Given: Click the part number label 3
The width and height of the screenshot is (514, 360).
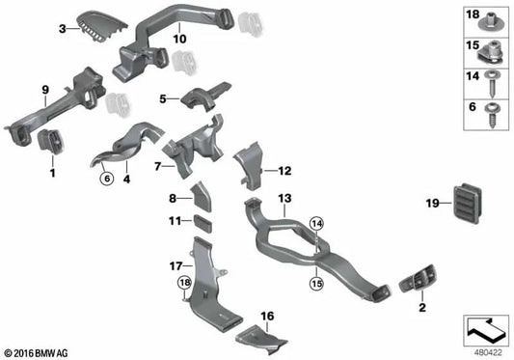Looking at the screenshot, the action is pyautogui.click(x=62, y=30).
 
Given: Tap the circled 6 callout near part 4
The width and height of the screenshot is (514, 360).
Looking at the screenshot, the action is pyautogui.click(x=107, y=178).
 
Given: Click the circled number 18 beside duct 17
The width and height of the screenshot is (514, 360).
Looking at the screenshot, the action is pyautogui.click(x=183, y=282).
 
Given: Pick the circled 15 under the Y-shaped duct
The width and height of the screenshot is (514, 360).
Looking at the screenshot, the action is pyautogui.click(x=313, y=284).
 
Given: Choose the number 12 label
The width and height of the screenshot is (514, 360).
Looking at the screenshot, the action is pyautogui.click(x=284, y=171).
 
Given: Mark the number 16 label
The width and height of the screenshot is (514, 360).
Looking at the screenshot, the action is pyautogui.click(x=267, y=316).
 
